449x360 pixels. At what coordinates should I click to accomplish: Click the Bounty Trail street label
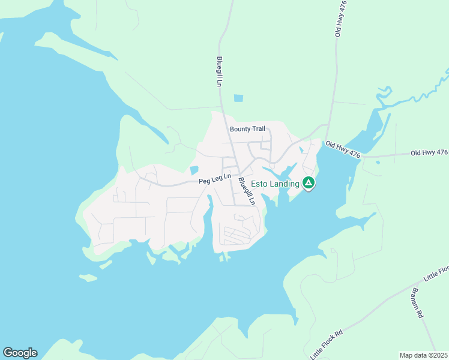[247, 129]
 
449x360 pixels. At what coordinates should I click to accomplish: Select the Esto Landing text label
[275, 184]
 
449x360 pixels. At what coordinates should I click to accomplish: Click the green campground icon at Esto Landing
[309, 182]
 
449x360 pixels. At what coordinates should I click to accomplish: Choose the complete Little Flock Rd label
[327, 344]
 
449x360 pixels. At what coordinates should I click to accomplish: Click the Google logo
[20, 353]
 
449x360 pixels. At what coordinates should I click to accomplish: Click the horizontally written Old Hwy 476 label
[429, 153]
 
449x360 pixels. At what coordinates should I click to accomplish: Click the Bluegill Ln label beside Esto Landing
[246, 191]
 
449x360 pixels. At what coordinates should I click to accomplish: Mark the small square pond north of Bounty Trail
[239, 98]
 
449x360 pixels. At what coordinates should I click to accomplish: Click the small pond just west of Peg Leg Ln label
[193, 170]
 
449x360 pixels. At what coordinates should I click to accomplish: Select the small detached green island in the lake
[88, 278]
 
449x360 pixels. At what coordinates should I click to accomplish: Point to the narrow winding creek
[414, 96]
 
